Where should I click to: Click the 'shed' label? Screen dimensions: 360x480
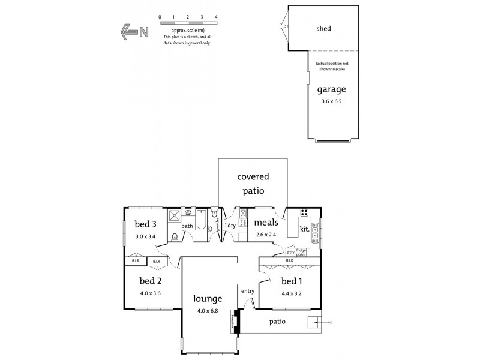323,28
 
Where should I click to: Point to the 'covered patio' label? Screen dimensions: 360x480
253,184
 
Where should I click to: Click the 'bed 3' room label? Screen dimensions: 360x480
145,224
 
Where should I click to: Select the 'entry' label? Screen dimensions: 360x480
248,291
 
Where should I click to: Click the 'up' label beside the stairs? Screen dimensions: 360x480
330,322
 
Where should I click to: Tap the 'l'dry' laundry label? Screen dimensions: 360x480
230,225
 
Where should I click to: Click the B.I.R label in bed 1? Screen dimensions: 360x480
289,260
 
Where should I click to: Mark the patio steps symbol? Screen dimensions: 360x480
314,322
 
